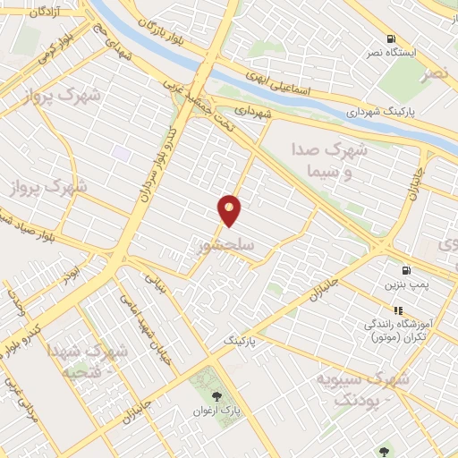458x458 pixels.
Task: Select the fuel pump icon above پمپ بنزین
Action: pos(408,270)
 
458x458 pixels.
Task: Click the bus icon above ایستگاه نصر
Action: pos(391,38)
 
